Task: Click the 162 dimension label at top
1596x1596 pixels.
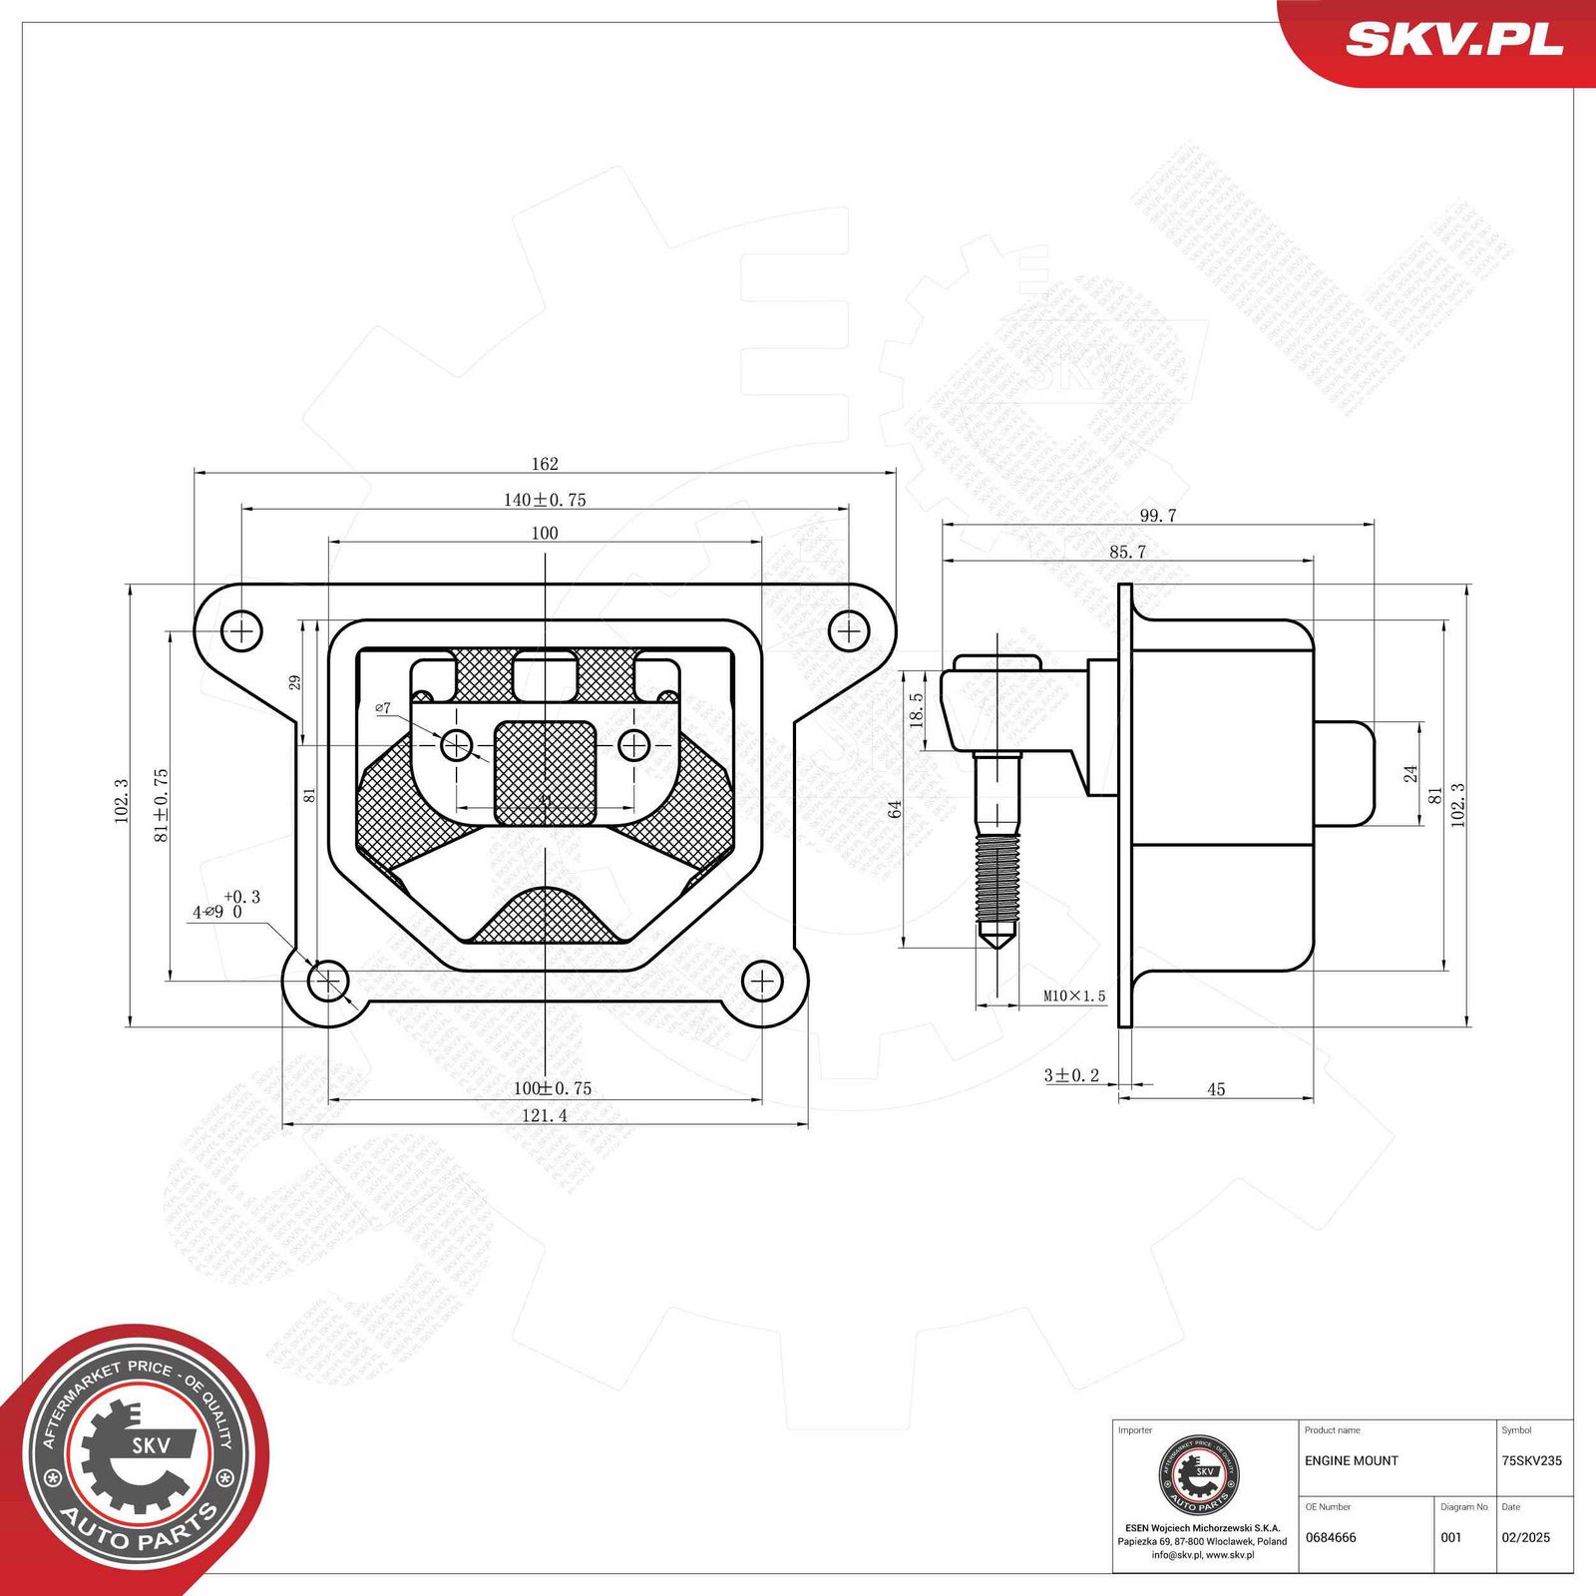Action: point(545,464)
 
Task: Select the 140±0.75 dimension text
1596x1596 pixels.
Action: point(545,500)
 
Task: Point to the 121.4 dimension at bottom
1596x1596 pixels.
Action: point(545,1115)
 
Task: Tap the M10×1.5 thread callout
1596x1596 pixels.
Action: point(1074,996)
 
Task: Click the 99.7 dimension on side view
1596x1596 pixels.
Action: point(1158,515)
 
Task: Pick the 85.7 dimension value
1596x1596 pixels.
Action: point(1127,552)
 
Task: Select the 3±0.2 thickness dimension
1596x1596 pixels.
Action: point(1071,1075)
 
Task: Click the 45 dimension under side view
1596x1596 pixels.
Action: point(1216,1089)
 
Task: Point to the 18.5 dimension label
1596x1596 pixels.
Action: point(917,710)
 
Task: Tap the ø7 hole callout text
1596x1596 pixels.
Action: point(383,707)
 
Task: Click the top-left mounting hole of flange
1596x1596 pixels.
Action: point(240,630)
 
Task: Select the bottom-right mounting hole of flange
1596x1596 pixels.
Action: point(762,983)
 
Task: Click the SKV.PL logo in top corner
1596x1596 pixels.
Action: point(1453,40)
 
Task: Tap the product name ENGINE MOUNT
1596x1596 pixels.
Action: point(1351,1460)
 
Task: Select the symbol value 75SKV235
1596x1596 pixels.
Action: point(1531,1460)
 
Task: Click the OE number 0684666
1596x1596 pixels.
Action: point(1331,1537)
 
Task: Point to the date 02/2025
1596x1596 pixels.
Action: point(1525,1537)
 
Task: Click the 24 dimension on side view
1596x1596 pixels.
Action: point(1410,774)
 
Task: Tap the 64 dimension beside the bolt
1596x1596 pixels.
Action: point(896,808)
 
